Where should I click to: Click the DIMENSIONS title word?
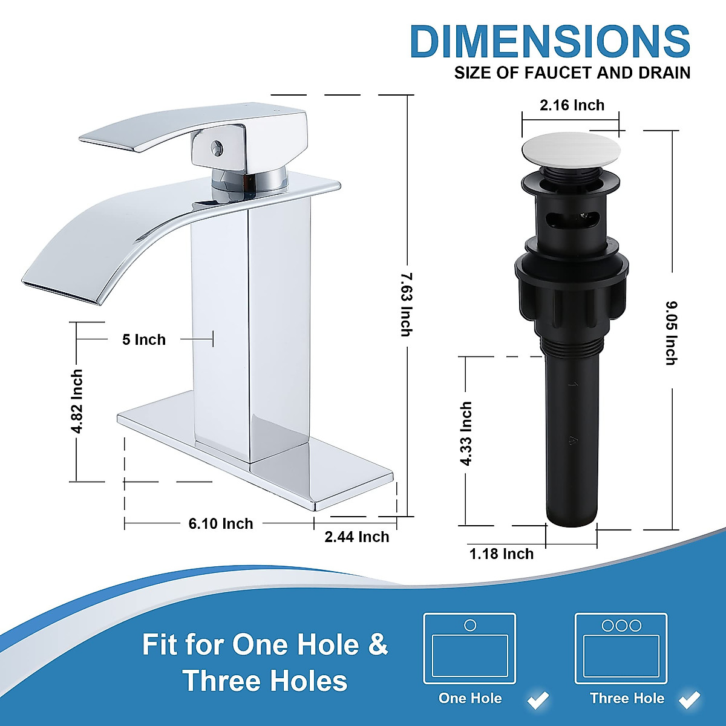[549, 42]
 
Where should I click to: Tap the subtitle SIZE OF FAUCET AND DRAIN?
[572, 73]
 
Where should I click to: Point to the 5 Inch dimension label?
[144, 339]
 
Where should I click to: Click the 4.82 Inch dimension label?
[77, 402]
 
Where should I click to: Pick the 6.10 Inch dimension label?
[221, 523]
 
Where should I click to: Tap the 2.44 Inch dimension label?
[357, 537]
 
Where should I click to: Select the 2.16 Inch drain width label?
[572, 105]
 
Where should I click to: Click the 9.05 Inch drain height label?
[671, 333]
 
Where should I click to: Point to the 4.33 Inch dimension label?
[466, 433]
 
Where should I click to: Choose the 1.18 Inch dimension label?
[502, 554]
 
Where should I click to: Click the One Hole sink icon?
[469, 649]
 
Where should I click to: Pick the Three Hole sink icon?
[621, 649]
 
